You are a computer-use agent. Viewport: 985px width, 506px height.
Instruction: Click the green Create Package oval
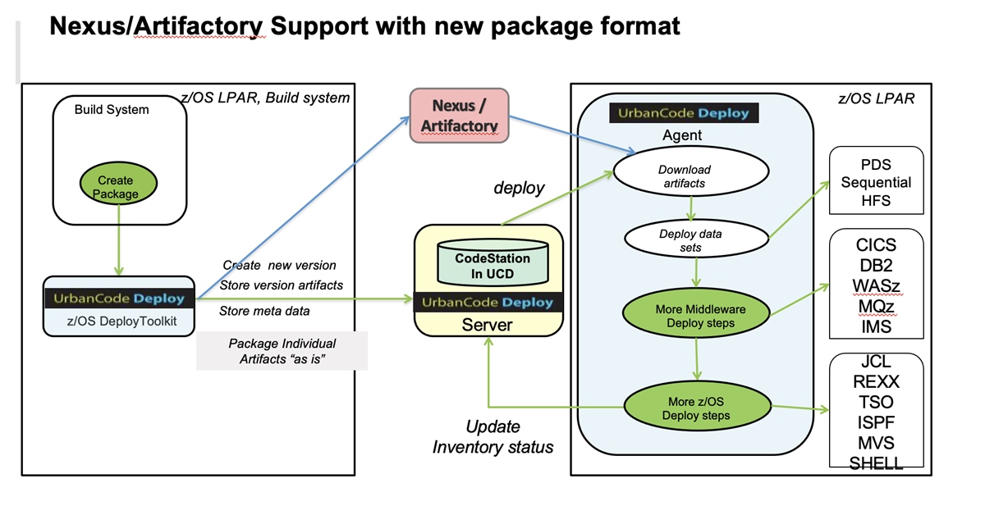tap(115, 187)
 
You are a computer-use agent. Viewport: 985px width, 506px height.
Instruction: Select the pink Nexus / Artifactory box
tap(459, 116)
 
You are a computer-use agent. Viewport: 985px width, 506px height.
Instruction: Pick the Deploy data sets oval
tap(696, 239)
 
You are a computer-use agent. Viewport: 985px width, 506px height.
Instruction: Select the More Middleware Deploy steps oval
tap(696, 316)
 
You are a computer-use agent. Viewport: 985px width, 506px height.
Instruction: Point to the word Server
tap(488, 325)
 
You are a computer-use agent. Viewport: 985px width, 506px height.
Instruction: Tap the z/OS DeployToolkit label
tap(119, 321)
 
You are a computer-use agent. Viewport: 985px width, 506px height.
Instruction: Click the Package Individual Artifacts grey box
tap(282, 351)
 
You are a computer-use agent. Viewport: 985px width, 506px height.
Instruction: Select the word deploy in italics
tap(518, 188)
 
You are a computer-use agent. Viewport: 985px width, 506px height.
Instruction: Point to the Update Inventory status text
tap(492, 437)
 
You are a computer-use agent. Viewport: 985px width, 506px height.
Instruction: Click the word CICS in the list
tap(876, 245)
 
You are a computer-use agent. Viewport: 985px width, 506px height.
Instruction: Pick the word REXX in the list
tap(876, 382)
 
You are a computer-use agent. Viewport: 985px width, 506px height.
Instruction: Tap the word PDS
tap(876, 164)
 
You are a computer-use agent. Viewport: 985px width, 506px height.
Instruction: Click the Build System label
tap(112, 110)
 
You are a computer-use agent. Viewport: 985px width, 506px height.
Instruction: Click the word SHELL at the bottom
tap(876, 463)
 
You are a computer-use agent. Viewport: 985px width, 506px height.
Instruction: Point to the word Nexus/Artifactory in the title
tap(156, 26)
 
